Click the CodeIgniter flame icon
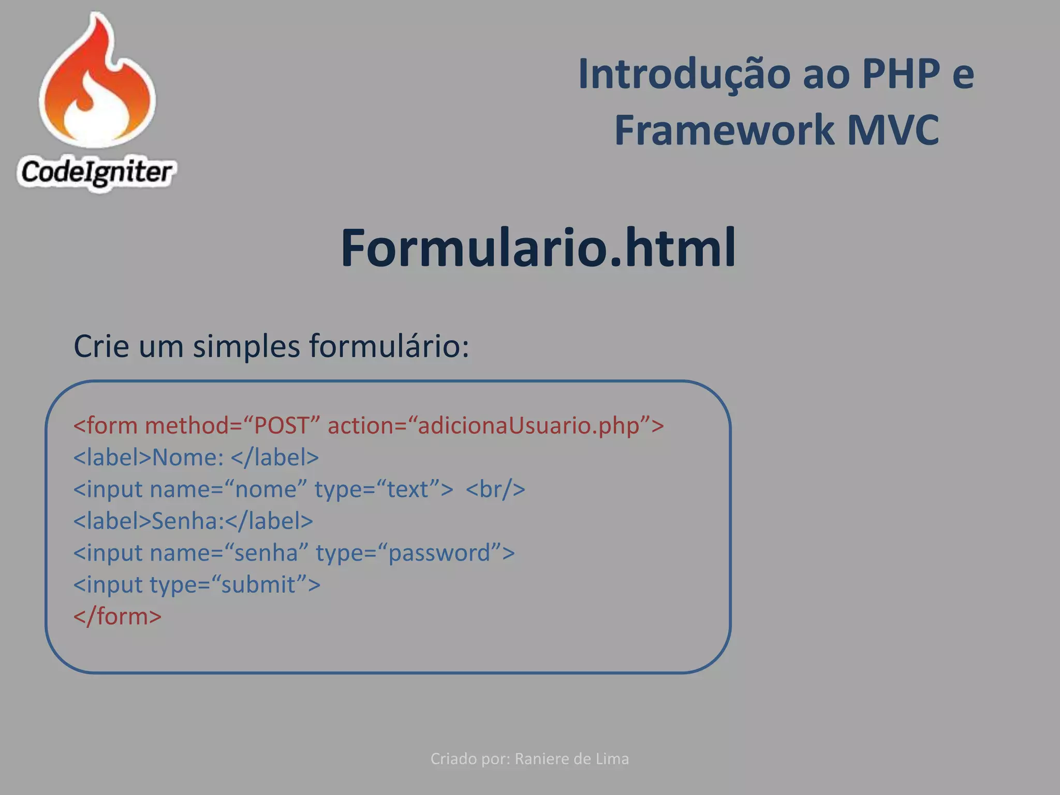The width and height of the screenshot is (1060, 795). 97,83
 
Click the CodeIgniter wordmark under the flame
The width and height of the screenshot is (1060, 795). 96,172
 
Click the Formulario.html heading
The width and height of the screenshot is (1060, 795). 538,248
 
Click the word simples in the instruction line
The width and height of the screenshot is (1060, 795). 246,346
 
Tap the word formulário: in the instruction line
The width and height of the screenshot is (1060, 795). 389,346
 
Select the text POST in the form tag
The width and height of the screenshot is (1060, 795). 282,426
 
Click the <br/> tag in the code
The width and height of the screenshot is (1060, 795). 495,489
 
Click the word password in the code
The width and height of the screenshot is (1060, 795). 439,553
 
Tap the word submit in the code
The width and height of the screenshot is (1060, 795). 258,585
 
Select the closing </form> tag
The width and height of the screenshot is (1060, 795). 117,616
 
